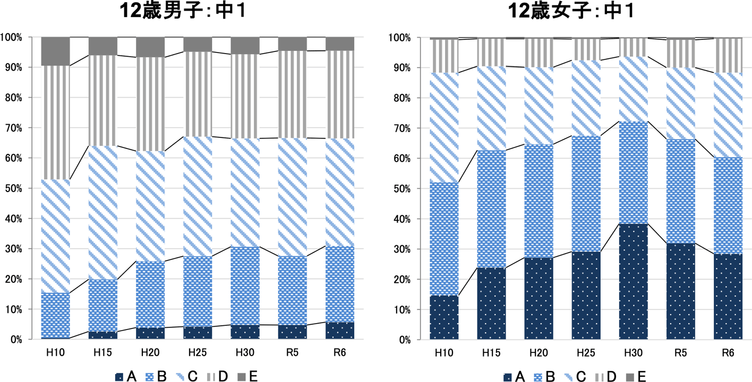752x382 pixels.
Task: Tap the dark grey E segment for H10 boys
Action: click(56, 51)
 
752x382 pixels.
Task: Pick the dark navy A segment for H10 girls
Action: click(445, 317)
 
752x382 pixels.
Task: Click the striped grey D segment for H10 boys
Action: click(56, 122)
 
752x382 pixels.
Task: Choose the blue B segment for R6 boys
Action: click(340, 284)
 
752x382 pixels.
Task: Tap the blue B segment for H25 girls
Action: click(586, 194)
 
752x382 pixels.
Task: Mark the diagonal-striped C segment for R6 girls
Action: click(728, 115)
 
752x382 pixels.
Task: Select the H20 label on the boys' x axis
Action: click(150, 352)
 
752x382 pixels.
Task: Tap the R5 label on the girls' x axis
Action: click(680, 352)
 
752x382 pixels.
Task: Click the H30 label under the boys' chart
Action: click(245, 352)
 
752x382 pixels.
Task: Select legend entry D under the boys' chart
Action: click(217, 377)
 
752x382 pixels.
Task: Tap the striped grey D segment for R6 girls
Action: click(728, 55)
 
